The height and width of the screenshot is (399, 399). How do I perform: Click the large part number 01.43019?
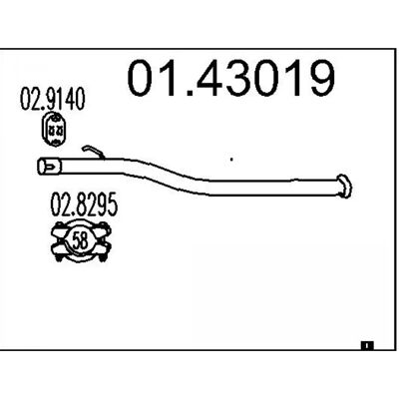[230, 78]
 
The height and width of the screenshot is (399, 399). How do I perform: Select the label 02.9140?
[53, 99]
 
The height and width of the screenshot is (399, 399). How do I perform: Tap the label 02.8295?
[84, 204]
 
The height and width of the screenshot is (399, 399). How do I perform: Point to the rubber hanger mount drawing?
[54, 129]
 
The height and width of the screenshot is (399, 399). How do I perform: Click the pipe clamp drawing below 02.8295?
[80, 240]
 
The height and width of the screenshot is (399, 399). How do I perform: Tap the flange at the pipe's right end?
[344, 186]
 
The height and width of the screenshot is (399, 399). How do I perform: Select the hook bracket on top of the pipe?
[93, 152]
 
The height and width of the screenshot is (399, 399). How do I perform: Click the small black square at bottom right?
[367, 346]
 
